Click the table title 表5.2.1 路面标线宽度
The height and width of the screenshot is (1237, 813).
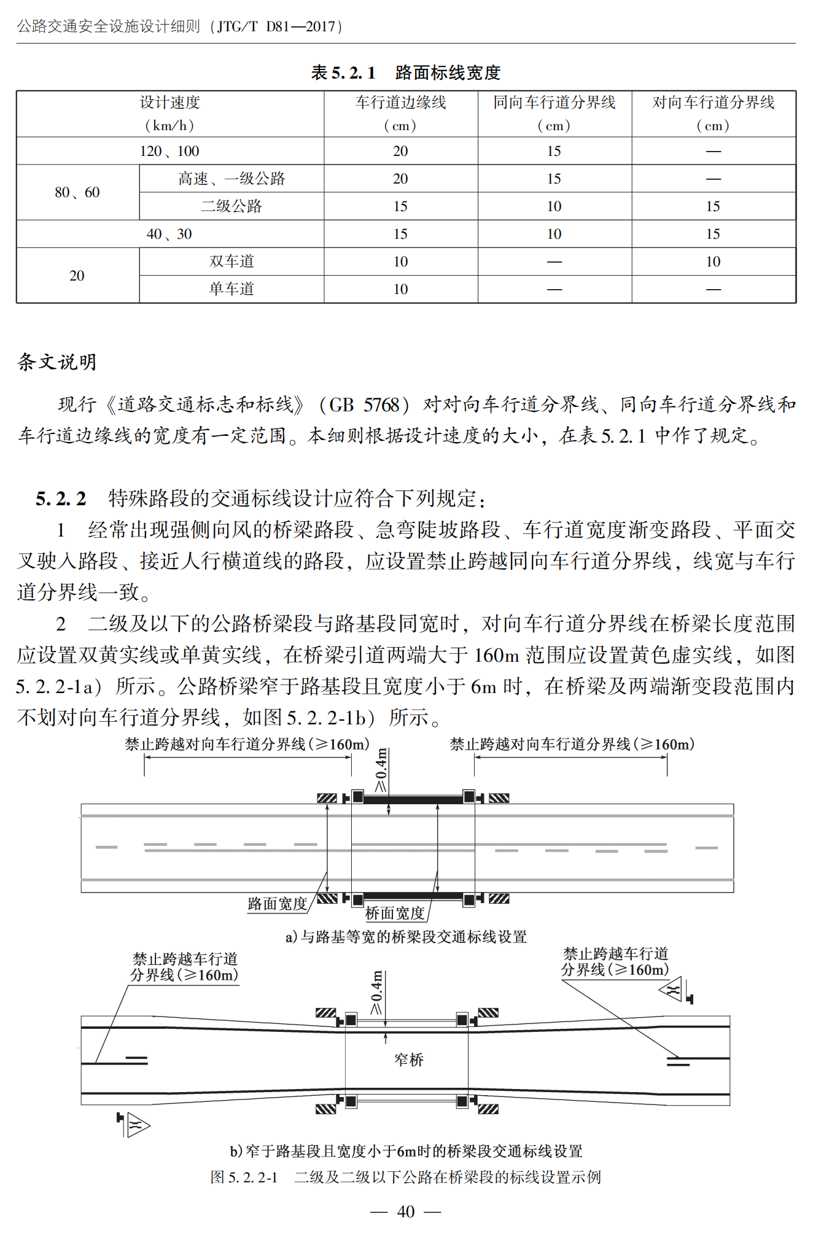405,72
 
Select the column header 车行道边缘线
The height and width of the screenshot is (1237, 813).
400,103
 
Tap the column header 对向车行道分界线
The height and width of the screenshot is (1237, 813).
713,103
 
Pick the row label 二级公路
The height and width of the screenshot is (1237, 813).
231,206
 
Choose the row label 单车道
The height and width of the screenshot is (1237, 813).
231,289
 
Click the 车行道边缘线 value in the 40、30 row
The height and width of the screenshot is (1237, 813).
400,234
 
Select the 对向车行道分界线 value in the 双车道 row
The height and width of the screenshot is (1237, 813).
713,262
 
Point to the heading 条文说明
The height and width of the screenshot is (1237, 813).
57,362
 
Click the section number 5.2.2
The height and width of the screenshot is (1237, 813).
61,498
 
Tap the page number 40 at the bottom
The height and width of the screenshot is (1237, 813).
406,1211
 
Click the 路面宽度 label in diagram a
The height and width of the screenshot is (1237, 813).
277,904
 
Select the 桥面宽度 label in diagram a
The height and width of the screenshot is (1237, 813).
395,913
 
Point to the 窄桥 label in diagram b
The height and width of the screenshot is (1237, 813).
409,1060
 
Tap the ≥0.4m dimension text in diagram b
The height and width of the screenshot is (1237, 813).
376,993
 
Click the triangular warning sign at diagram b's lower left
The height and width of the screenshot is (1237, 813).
138,1125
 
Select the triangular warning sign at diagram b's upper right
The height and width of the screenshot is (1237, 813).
671,990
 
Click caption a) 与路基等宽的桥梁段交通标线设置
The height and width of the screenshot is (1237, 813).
406,937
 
